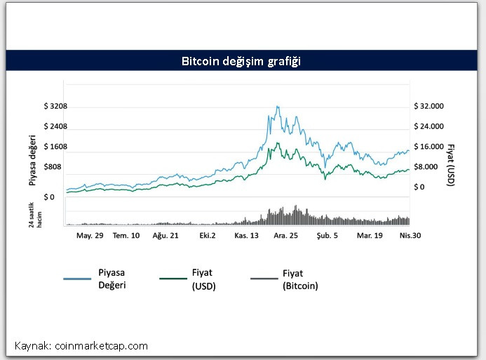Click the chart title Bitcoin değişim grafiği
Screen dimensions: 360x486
[x=241, y=61]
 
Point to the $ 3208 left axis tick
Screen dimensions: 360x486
[x=55, y=106]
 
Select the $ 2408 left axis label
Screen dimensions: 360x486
[x=55, y=126]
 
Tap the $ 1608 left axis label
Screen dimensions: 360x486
[x=55, y=147]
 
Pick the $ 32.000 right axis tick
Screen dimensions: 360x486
[x=428, y=106]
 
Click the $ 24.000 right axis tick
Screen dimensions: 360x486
[x=428, y=126]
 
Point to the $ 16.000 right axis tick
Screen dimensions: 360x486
[x=428, y=147]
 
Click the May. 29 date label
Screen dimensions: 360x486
[x=90, y=236]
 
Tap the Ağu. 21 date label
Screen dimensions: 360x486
[x=166, y=236]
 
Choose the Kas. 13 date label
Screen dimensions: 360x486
[x=247, y=236]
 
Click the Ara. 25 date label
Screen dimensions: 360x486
[x=285, y=236]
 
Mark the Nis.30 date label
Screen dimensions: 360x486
[x=410, y=236]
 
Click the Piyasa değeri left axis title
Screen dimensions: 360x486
[x=32, y=161]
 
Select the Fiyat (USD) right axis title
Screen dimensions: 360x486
[x=451, y=166]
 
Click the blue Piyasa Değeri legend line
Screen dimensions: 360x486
[x=77, y=279]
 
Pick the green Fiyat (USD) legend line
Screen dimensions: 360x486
[x=173, y=279]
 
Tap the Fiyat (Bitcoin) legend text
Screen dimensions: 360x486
[x=300, y=279]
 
